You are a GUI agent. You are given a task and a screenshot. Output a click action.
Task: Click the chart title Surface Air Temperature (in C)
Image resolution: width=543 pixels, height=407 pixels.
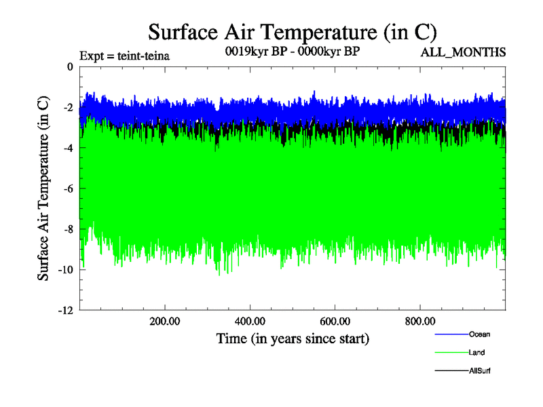click(292, 33)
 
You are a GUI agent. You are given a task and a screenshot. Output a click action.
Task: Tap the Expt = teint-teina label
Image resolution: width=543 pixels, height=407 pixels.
click(124, 56)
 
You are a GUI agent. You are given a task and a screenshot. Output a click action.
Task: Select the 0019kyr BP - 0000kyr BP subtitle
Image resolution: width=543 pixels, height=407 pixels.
click(292, 52)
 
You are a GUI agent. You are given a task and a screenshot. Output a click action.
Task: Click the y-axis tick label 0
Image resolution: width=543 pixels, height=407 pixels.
click(69, 66)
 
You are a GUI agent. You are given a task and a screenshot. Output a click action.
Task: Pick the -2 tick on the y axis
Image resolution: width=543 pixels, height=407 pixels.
click(67, 107)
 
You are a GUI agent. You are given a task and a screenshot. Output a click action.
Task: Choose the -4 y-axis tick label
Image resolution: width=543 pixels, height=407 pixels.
click(67, 148)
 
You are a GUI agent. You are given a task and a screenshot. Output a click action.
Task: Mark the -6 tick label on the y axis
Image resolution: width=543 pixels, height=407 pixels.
click(67, 189)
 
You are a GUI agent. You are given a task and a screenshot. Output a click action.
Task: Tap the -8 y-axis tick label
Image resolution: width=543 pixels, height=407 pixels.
click(67, 229)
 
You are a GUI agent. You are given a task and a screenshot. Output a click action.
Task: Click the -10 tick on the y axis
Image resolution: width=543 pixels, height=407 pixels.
click(65, 270)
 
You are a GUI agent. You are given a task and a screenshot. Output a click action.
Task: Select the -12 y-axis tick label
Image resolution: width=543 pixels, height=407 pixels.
click(65, 311)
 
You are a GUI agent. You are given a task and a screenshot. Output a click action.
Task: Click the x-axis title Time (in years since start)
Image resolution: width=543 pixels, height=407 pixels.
click(292, 338)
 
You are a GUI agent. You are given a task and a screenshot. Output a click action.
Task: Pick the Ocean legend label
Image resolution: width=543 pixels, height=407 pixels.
click(479, 334)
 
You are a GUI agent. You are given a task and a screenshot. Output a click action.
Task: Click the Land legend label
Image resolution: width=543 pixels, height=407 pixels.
click(476, 352)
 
